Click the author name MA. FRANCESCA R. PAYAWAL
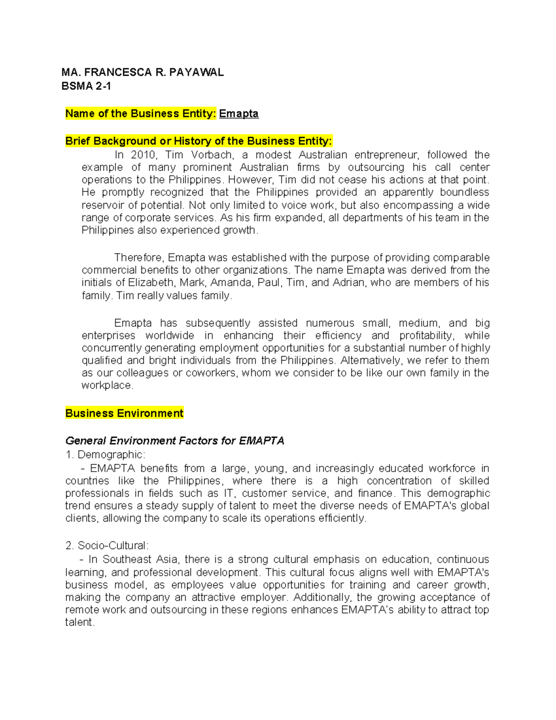(x=142, y=72)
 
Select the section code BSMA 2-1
(x=86, y=86)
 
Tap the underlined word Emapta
(x=239, y=114)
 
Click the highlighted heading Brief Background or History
(x=198, y=141)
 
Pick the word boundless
(x=464, y=192)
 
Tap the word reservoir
(x=103, y=205)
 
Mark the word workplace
(x=107, y=386)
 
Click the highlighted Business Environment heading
(x=124, y=414)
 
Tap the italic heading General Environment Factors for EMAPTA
(x=175, y=441)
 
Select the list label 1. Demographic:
(x=105, y=455)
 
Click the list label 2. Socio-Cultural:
(x=107, y=546)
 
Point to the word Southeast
(x=127, y=560)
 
